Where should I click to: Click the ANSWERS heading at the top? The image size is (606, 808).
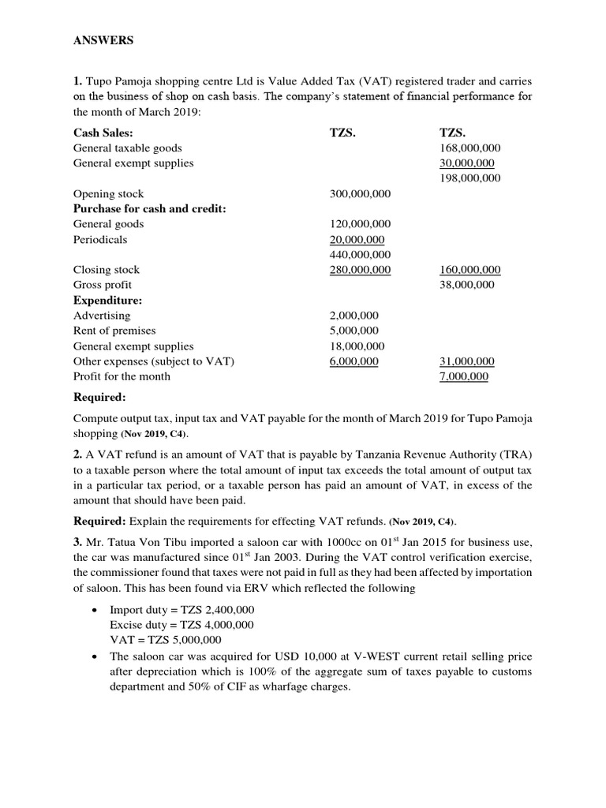tap(103, 41)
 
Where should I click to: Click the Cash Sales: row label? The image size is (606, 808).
tap(103, 133)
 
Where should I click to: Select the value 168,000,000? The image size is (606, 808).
tap(469, 148)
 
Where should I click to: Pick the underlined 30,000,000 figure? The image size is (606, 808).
tap(467, 163)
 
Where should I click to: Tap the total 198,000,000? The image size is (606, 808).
tap(469, 178)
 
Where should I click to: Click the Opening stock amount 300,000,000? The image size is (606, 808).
tap(360, 193)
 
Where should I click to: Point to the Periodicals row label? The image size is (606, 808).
tap(100, 239)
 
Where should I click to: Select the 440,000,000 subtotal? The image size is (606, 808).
tap(360, 254)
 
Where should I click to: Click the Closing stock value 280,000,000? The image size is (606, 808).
tap(360, 270)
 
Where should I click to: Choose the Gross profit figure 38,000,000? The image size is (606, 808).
tap(466, 285)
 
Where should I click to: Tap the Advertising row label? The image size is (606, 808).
tap(102, 316)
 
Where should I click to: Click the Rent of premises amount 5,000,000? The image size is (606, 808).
tap(353, 331)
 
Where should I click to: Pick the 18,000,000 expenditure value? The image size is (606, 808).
tap(357, 346)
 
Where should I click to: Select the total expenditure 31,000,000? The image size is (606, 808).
tap(466, 361)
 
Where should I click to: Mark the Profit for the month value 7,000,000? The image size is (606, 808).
tap(463, 376)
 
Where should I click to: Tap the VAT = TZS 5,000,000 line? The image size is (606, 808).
tap(166, 640)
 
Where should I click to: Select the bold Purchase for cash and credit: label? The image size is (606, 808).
tap(149, 208)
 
